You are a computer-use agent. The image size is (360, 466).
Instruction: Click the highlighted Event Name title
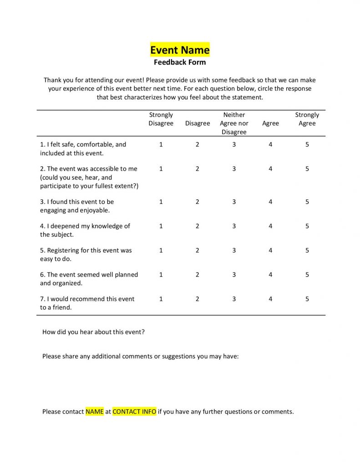180,50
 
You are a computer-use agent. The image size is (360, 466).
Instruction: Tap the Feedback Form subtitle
180,62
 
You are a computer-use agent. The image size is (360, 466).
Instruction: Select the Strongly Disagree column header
161,119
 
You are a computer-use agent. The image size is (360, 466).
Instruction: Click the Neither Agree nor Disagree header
234,123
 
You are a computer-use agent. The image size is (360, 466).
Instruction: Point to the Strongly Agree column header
307,119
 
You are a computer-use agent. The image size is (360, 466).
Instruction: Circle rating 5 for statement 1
307,144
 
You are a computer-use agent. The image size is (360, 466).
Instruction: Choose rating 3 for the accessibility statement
234,169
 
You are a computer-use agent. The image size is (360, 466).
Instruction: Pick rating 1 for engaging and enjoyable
161,202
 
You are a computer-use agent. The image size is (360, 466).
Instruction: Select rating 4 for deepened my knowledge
270,226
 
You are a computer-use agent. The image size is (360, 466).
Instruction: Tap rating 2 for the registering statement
198,250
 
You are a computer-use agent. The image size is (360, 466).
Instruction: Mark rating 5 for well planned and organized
307,275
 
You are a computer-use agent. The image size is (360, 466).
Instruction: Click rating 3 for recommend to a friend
234,299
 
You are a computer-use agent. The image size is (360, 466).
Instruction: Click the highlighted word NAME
95,412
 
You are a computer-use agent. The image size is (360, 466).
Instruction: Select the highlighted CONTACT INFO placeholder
134,412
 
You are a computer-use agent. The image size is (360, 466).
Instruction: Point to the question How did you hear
93,332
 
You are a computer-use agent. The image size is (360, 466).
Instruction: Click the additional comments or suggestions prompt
140,356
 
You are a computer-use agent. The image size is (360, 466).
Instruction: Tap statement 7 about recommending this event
87,303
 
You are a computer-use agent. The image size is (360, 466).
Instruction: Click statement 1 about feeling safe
83,148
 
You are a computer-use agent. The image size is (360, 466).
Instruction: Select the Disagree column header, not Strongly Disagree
198,123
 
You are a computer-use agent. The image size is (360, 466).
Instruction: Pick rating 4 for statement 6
270,275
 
